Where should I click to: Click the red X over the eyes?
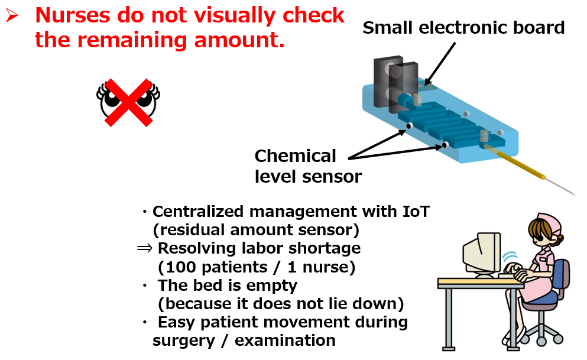[x=128, y=102]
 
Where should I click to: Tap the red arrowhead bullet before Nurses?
[x=12, y=15]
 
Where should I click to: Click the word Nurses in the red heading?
[x=73, y=16]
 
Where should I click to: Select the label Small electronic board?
[x=463, y=28]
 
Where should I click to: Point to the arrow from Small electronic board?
[x=440, y=64]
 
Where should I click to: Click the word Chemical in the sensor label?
[x=296, y=156]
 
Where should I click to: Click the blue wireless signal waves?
[x=510, y=257]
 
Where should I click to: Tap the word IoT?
[x=416, y=212]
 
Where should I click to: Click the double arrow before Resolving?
[x=145, y=248]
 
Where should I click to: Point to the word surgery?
[x=184, y=341]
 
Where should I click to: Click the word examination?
[x=285, y=340]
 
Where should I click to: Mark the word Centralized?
[x=198, y=212]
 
